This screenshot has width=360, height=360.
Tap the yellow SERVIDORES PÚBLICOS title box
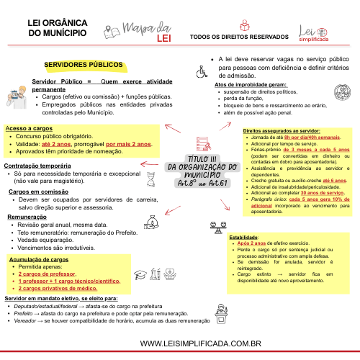[84, 65]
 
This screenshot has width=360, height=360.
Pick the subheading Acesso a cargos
[24, 127]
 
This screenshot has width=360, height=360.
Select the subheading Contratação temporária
[37, 166]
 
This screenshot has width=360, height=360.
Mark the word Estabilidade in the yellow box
[243, 237]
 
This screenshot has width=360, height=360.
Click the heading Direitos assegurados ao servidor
[282, 130]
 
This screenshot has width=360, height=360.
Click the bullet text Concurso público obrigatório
[54, 135]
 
